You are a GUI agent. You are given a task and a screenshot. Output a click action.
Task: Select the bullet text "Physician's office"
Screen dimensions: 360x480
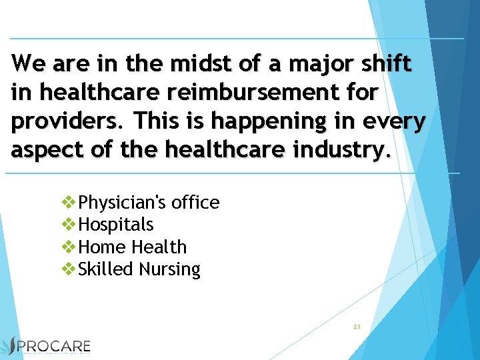(x=149, y=202)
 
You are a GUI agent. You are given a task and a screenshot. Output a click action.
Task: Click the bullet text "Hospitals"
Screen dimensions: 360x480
(x=116, y=225)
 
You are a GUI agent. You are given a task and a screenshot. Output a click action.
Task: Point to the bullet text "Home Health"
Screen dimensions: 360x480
(x=133, y=247)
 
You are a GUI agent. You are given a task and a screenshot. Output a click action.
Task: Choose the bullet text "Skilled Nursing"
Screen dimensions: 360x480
(x=139, y=269)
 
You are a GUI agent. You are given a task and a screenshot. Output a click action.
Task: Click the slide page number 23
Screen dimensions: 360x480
(x=357, y=327)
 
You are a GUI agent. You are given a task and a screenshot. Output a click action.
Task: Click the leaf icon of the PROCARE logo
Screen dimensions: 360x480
(x=10, y=346)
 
